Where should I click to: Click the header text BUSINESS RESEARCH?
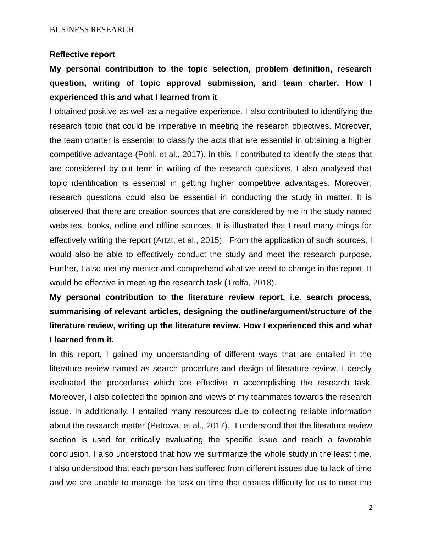[x=91, y=30]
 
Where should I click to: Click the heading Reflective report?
[x=82, y=55]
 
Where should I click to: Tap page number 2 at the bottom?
[x=371, y=508]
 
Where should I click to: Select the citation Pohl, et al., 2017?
[x=171, y=155]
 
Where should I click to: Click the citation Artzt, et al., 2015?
[x=189, y=240]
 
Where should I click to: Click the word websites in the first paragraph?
[x=66, y=226]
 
